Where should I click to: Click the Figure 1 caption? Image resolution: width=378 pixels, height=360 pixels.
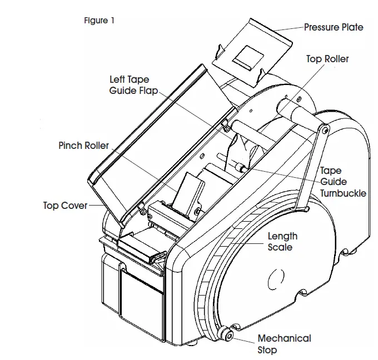(100, 21)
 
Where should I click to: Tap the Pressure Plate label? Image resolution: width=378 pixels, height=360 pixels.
(334, 27)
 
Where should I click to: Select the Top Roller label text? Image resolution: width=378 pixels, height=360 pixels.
(327, 59)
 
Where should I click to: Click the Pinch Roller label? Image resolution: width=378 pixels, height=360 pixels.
(83, 146)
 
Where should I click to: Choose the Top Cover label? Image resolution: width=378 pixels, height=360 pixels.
(65, 206)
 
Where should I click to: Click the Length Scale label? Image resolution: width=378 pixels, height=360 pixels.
(282, 241)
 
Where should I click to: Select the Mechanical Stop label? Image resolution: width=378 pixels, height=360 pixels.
(283, 344)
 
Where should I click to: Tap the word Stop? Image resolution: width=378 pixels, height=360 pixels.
(267, 350)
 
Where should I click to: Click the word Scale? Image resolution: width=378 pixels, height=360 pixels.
(280, 247)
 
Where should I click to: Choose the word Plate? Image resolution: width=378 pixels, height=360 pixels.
(351, 27)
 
